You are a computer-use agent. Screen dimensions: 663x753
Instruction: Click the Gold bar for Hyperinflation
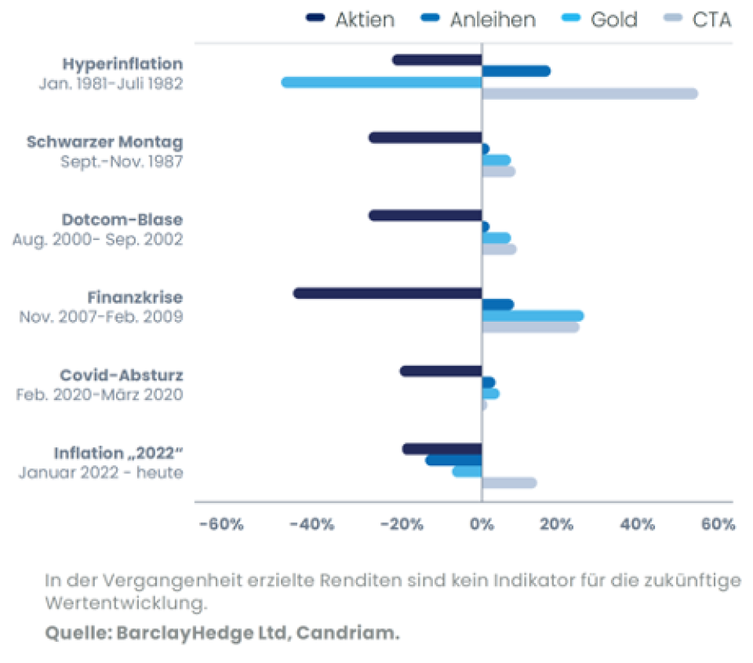(382, 82)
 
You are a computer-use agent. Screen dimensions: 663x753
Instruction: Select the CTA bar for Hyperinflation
(589, 94)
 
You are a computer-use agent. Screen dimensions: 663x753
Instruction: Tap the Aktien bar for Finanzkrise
(387, 293)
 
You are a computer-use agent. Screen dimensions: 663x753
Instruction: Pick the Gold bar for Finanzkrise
(533, 315)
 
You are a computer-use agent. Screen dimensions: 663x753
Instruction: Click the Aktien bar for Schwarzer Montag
(425, 138)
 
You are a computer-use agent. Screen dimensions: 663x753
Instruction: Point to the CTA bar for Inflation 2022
(509, 483)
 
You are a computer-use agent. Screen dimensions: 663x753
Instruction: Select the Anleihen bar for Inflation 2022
(453, 460)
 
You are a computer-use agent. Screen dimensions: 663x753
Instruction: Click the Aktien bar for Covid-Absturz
(441, 371)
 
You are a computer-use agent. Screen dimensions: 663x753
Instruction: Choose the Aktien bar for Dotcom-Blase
(425, 216)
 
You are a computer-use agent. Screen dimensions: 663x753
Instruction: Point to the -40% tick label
(312, 525)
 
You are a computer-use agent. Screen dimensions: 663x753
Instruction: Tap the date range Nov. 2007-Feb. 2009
(101, 317)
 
